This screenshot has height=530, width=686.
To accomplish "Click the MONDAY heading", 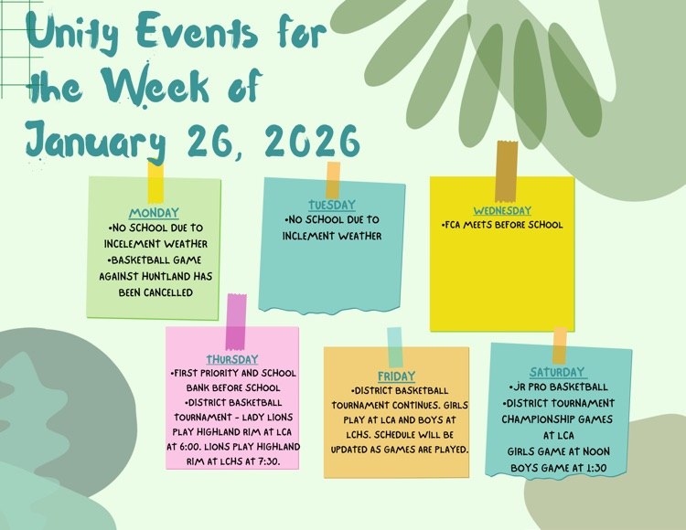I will pyautogui.click(x=154, y=213).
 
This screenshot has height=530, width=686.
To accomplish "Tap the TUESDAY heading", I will pyautogui.click(x=331, y=205).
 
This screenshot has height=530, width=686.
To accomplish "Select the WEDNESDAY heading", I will pyautogui.click(x=501, y=210).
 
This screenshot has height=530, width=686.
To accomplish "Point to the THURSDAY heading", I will pyautogui.click(x=231, y=359).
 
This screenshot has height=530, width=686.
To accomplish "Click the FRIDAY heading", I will pyautogui.click(x=396, y=376).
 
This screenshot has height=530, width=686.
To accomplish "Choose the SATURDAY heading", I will pyautogui.click(x=557, y=372).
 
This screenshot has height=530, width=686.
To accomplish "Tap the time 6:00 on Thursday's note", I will pyautogui.click(x=187, y=448).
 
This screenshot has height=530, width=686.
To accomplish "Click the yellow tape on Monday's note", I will pyautogui.click(x=155, y=182).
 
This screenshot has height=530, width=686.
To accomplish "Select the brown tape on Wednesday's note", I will pyautogui.click(x=507, y=170).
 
